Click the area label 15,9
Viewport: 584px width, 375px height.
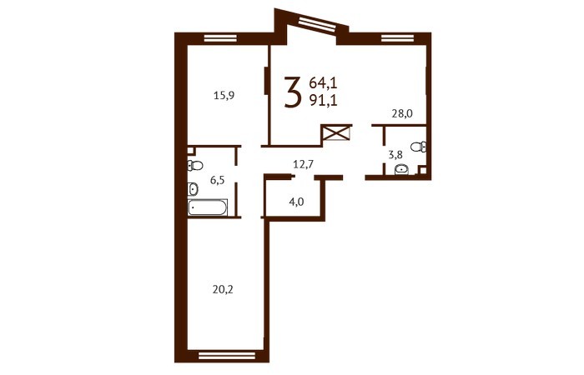pyautogui.click(x=224, y=96)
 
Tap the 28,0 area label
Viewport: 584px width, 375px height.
pyautogui.click(x=402, y=113)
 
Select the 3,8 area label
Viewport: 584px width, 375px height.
pyautogui.click(x=395, y=155)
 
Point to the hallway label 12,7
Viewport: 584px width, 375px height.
pyautogui.click(x=303, y=163)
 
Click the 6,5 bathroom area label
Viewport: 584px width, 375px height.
pyautogui.click(x=217, y=181)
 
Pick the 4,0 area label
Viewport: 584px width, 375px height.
pyautogui.click(x=296, y=202)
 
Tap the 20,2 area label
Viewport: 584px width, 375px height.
pyautogui.click(x=223, y=289)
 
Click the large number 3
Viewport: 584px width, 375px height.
pyautogui.click(x=292, y=92)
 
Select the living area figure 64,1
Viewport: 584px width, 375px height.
pyautogui.click(x=323, y=83)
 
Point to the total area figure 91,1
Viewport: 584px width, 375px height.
pyautogui.click(x=323, y=101)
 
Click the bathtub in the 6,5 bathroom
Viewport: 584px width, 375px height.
pyautogui.click(x=207, y=207)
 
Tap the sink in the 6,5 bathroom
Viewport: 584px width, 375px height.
pyautogui.click(x=193, y=189)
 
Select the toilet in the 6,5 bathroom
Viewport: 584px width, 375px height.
pyautogui.click(x=194, y=165)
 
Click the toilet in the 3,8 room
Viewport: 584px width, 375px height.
pyautogui.click(x=419, y=147)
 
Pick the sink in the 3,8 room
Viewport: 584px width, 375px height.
pyautogui.click(x=401, y=170)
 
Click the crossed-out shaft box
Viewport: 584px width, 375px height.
pyautogui.click(x=337, y=132)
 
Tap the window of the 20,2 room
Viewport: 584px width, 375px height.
pyautogui.click(x=227, y=356)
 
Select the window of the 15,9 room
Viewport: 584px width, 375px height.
pyautogui.click(x=220, y=38)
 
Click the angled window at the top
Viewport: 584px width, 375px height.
pyautogui.click(x=317, y=24)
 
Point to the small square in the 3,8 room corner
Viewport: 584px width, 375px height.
pyautogui.click(x=422, y=171)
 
